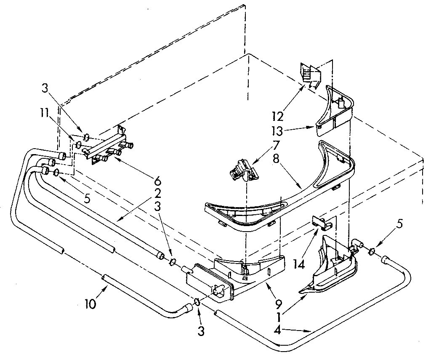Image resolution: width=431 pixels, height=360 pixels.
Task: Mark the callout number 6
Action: [x=157, y=181]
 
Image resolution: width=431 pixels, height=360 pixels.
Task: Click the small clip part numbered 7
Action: [x=241, y=170]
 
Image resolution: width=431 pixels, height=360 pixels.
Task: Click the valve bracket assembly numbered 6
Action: [x=109, y=145]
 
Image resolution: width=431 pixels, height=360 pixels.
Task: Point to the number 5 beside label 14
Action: [x=399, y=224]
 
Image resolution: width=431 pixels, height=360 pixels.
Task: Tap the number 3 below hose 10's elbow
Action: [x=201, y=331]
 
